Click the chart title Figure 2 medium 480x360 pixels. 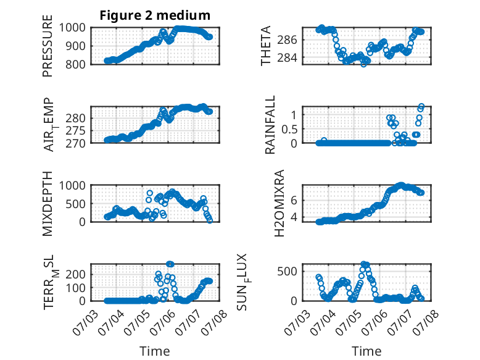pyautogui.click(x=155, y=15)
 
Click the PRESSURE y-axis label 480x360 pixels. pyautogui.click(x=48, y=46)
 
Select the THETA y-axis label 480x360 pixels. pyautogui.click(x=266, y=46)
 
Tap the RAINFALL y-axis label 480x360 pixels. pyautogui.click(x=270, y=125)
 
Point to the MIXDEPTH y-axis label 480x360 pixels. pyautogui.click(x=48, y=203)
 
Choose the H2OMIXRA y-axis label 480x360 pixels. pyautogui.click(x=279, y=203)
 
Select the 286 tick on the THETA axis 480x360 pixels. pyautogui.click(x=287, y=40)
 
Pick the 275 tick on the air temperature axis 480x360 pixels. pyautogui.click(x=75, y=131)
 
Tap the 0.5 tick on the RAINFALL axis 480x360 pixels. pyautogui.click(x=289, y=129)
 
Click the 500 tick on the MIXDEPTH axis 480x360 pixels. pyautogui.click(x=75, y=204)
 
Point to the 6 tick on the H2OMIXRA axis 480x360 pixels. pyautogui.click(x=294, y=200)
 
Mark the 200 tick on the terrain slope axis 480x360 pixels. pyautogui.click(x=75, y=274)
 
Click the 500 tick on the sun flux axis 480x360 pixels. pyautogui.click(x=287, y=272)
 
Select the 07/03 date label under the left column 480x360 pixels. pyautogui.click(x=85, y=323)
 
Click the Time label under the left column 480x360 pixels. pyautogui.click(x=155, y=351)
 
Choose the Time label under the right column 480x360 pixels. pyautogui.click(x=366, y=351)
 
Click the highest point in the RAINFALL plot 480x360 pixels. pyautogui.click(x=421, y=106)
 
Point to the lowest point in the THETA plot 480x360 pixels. pyautogui.click(x=363, y=64)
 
